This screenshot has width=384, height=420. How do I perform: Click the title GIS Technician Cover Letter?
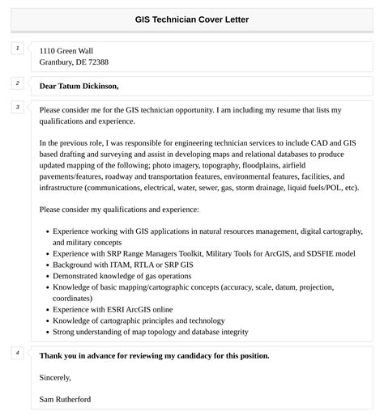(x=192, y=19)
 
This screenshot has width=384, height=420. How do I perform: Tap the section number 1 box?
(x=17, y=49)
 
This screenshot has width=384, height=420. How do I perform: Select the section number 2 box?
(x=17, y=83)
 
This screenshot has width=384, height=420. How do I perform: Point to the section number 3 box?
(x=17, y=108)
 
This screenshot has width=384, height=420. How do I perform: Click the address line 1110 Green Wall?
(x=66, y=50)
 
